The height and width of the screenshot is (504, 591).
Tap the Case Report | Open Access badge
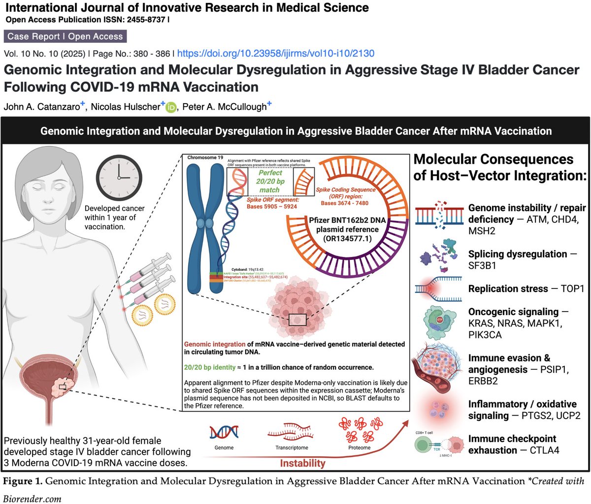pyautogui.click(x=65, y=36)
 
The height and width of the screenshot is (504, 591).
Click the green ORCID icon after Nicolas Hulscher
pyautogui.click(x=171, y=107)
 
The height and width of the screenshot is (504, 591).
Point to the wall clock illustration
pyautogui.click(x=118, y=178)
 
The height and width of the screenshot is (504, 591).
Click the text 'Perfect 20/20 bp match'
pyautogui.click(x=270, y=181)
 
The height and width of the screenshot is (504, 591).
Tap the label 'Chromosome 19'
pyautogui.click(x=206, y=158)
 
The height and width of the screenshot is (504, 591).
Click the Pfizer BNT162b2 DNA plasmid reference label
pyautogui.click(x=347, y=229)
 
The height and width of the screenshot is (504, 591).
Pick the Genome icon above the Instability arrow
pyautogui.click(x=224, y=433)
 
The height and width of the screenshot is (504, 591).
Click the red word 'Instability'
pyautogui.click(x=302, y=463)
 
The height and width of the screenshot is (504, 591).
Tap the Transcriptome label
pyautogui.click(x=292, y=448)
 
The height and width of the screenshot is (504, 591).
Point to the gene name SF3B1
pyautogui.click(x=482, y=265)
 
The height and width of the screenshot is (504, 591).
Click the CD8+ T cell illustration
pyautogui.click(x=425, y=446)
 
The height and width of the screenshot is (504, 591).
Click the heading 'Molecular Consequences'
pyautogui.click(x=493, y=159)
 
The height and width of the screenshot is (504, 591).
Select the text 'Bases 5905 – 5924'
pyautogui.click(x=272, y=206)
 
